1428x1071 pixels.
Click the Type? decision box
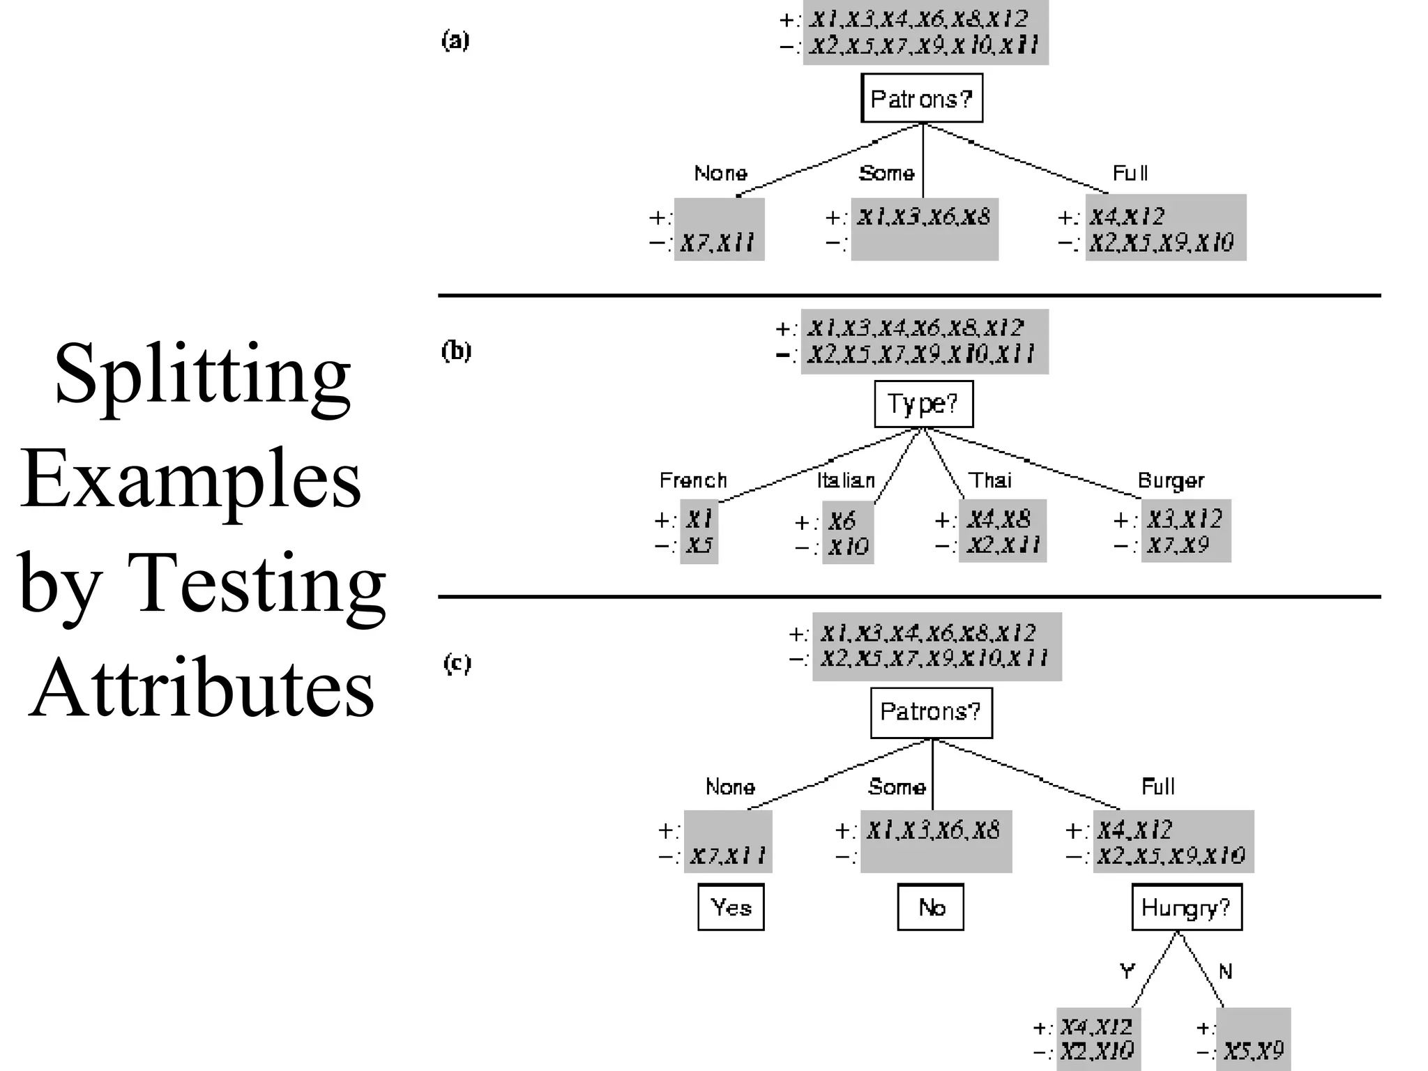[x=923, y=404]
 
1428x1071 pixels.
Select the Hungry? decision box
[x=1186, y=907]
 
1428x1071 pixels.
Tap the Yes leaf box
[x=731, y=907]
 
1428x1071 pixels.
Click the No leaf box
[x=931, y=907]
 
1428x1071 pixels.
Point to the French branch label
[x=693, y=480]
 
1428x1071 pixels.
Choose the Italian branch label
[x=846, y=480]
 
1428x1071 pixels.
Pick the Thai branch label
[x=990, y=480]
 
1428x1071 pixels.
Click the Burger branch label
[x=1171, y=480]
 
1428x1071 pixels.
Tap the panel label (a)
[x=456, y=41]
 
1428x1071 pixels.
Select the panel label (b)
[x=457, y=351]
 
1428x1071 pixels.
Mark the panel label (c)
[x=457, y=662]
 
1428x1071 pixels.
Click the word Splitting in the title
[x=202, y=375]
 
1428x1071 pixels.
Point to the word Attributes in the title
[x=202, y=689]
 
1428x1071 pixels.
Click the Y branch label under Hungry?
[x=1127, y=971]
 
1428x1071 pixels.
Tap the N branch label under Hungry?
[x=1225, y=971]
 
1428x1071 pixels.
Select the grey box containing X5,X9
[x=1254, y=1039]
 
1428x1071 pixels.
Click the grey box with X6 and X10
[x=847, y=533]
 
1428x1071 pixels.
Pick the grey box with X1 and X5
[x=699, y=531]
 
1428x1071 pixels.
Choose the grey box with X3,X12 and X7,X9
[x=1185, y=531]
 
